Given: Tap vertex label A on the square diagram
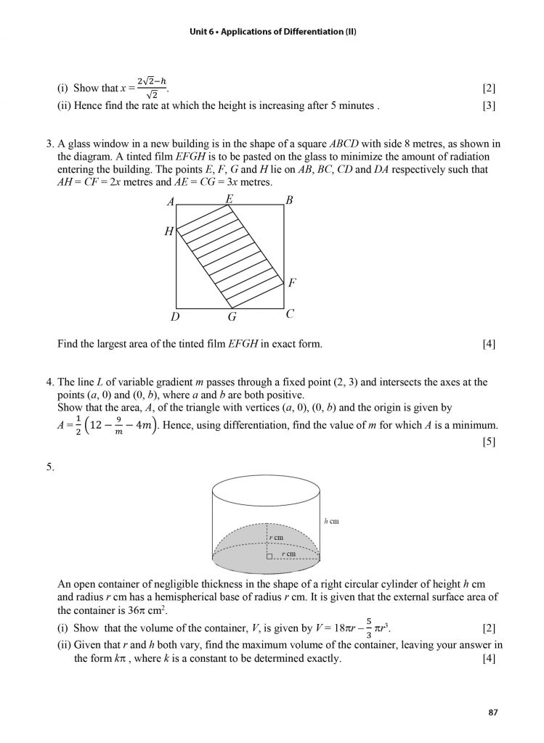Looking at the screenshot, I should click(x=171, y=202).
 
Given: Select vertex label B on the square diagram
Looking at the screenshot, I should click(x=289, y=201).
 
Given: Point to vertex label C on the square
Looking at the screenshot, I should click(x=289, y=314).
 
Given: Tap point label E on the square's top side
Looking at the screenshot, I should click(x=230, y=197).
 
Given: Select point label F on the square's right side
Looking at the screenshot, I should click(x=291, y=283).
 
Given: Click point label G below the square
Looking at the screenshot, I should click(x=232, y=317).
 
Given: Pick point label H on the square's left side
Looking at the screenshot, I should click(x=169, y=231).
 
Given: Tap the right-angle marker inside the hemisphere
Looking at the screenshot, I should click(x=269, y=556).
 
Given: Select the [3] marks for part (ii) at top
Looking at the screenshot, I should click(x=489, y=106).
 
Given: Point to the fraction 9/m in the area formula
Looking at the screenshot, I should click(x=118, y=424).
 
